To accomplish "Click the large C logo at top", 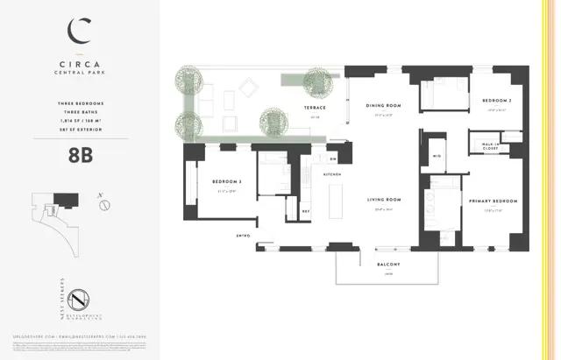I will click(80, 32).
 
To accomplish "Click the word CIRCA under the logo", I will click(80, 65).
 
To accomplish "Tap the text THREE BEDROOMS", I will click(80, 103).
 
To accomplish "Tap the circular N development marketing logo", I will click(80, 300).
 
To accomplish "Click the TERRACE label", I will click(315, 108).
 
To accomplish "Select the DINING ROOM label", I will click(382, 106).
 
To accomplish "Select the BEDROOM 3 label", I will click(226, 182).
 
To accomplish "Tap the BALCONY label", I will click(388, 265).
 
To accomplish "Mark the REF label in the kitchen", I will click(306, 211).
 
